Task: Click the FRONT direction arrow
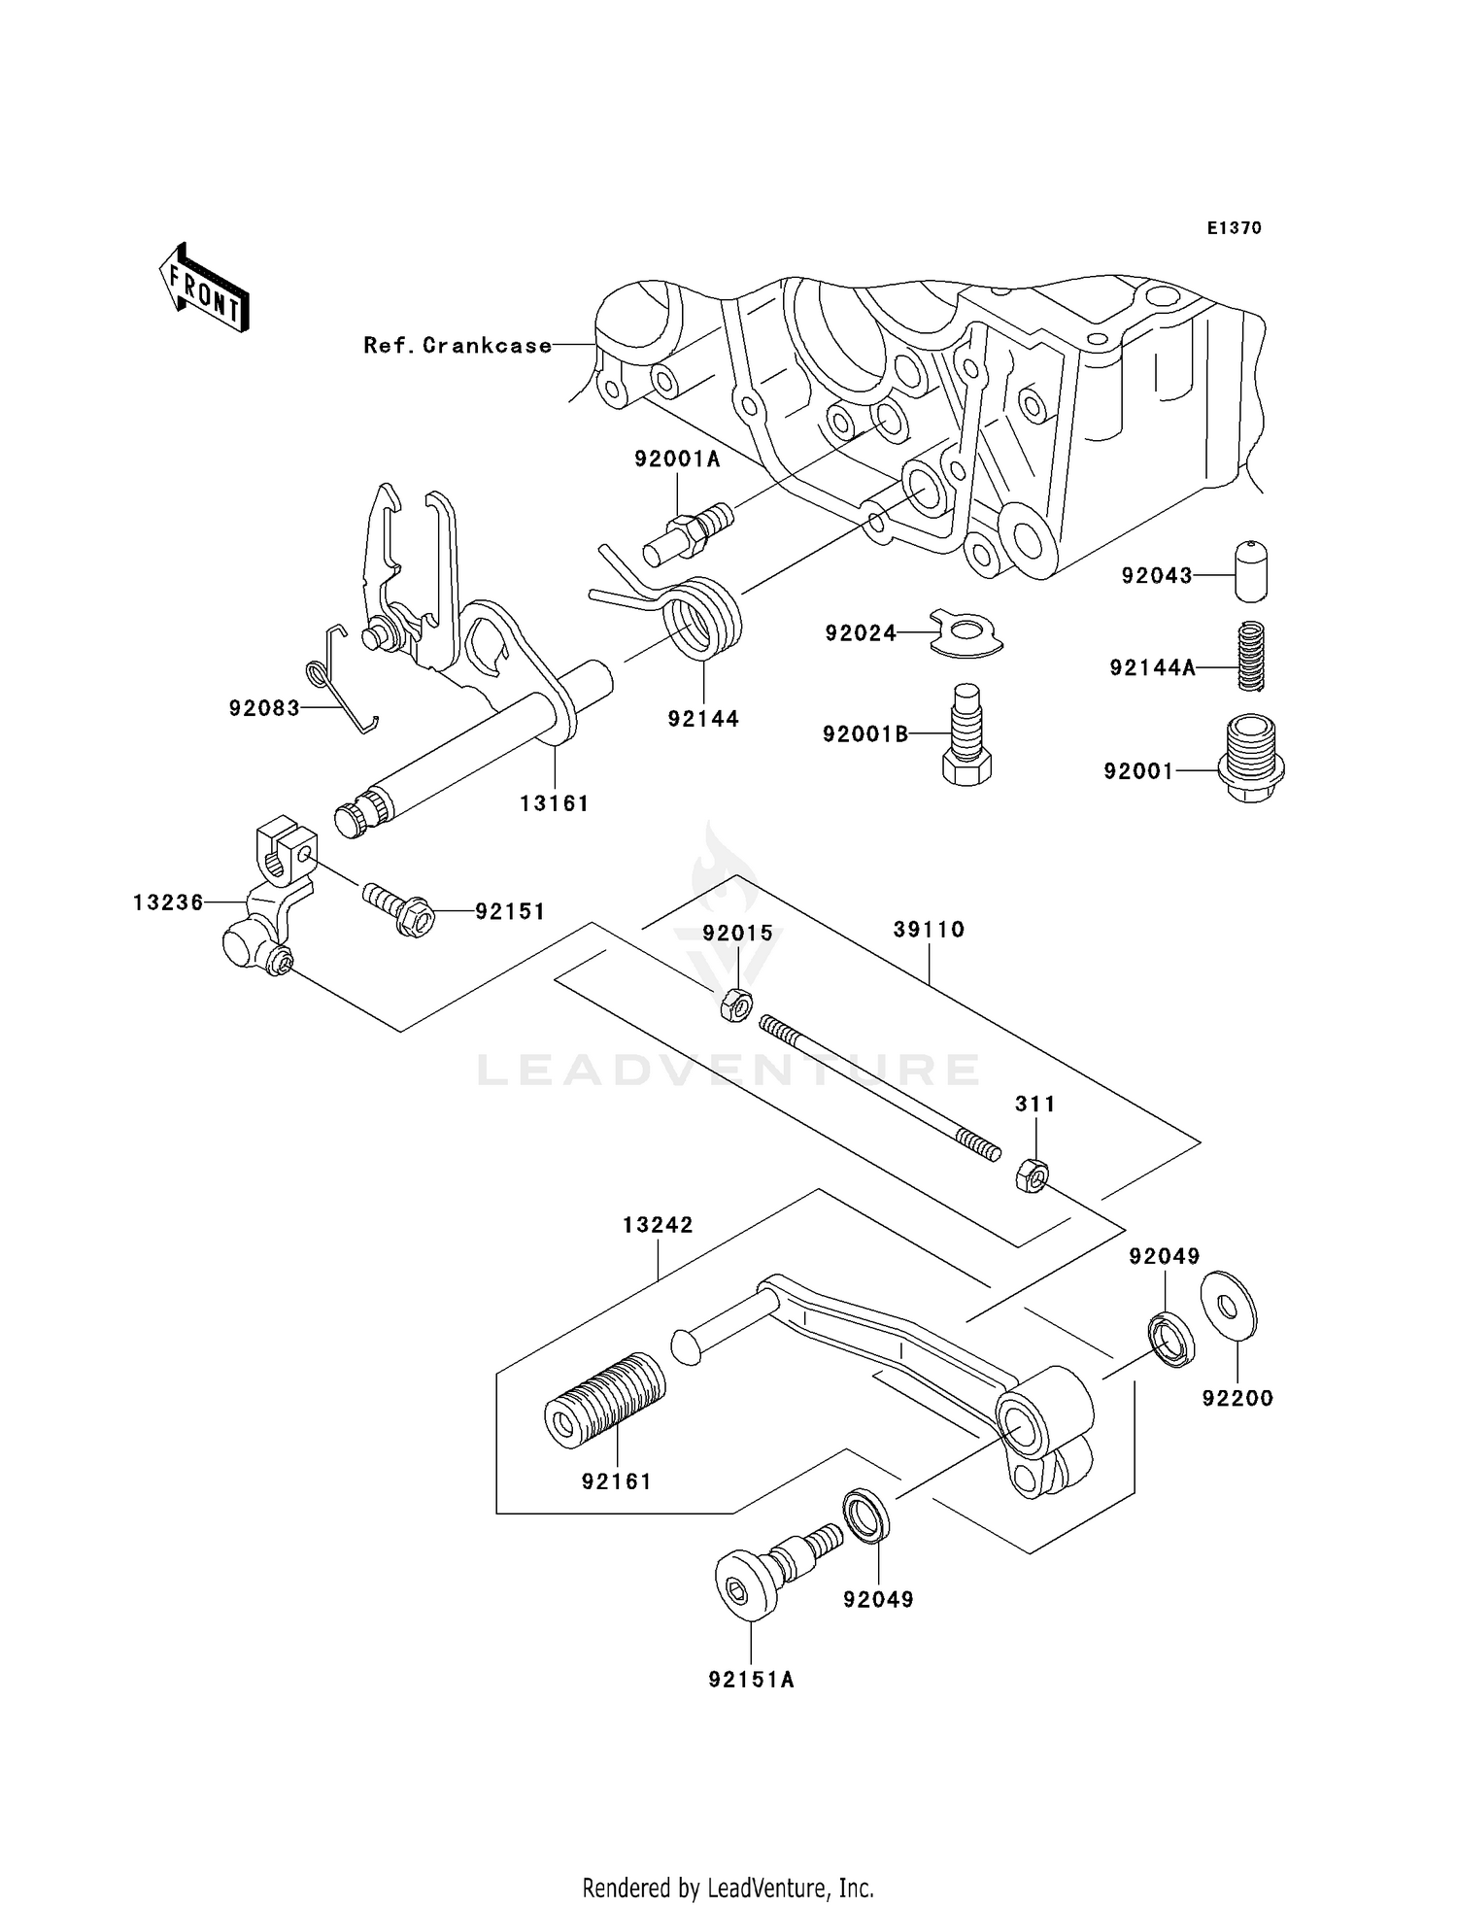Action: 204,290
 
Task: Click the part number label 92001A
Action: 677,459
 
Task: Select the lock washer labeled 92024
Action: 966,634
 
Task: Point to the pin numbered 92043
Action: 1251,572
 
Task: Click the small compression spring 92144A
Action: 1251,657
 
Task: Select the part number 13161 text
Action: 555,803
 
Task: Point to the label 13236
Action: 168,902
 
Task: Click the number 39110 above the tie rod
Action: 929,930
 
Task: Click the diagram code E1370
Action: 1234,228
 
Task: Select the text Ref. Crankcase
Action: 457,345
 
